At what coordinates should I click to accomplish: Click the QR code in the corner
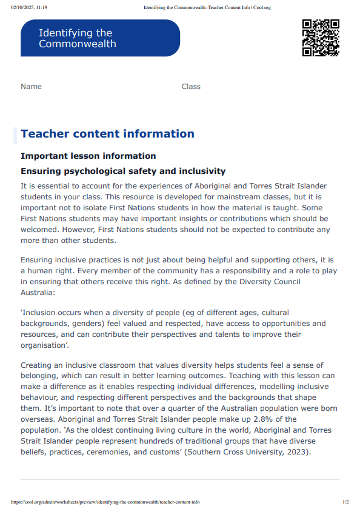coord(320,38)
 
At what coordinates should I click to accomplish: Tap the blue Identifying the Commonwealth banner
coord(101,38)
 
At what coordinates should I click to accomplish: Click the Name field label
coord(31,87)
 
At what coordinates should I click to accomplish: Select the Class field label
coord(191,87)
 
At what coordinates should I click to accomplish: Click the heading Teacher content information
coord(107,134)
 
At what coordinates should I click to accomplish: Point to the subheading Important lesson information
coord(88,156)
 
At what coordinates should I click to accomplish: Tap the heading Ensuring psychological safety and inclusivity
coord(123,171)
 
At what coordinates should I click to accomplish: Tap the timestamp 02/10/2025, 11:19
coord(29,7)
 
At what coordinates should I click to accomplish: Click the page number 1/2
coord(345,502)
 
